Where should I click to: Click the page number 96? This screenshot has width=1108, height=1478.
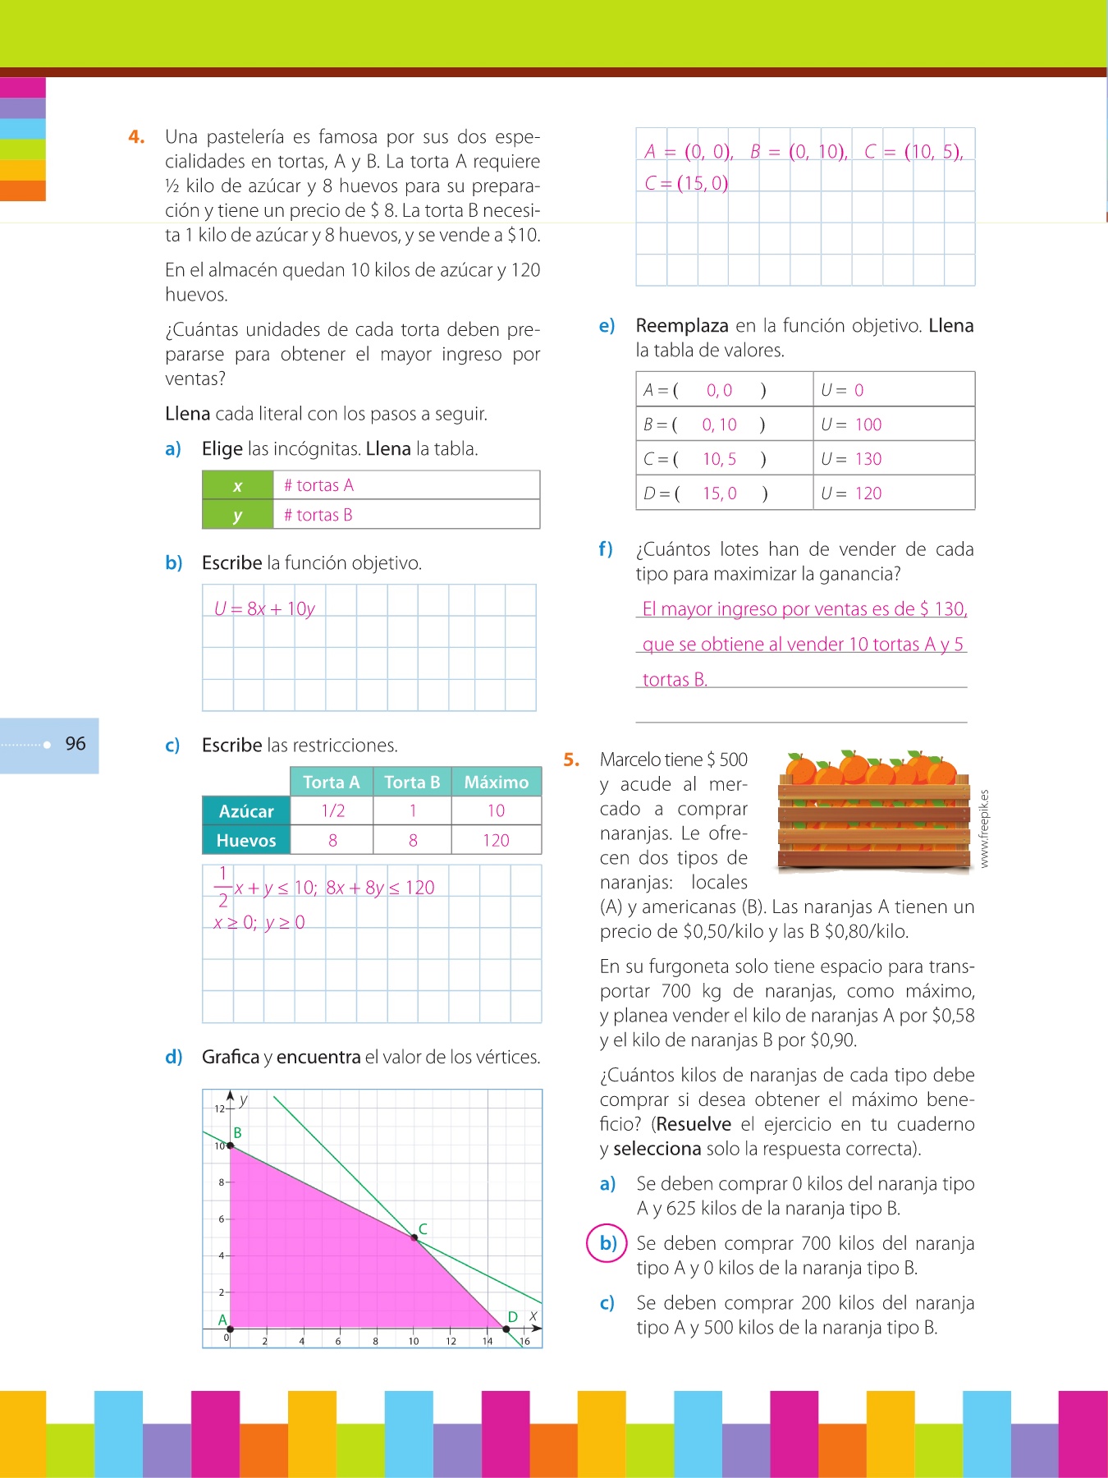[76, 744]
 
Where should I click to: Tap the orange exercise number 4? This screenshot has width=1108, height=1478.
[136, 137]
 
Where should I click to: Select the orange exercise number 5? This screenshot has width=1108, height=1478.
[571, 760]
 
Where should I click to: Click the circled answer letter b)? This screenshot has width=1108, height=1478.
[607, 1243]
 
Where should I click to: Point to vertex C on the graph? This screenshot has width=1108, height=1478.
[414, 1237]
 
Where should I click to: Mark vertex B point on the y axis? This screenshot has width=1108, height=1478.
[231, 1145]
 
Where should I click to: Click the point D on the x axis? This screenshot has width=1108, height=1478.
[506, 1329]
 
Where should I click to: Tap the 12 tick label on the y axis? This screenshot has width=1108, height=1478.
[219, 1108]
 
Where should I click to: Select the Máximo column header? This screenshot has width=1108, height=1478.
[496, 782]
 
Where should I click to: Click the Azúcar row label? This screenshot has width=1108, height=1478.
[246, 811]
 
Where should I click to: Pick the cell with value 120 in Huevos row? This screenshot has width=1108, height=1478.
[496, 840]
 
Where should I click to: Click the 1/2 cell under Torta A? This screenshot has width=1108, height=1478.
[332, 811]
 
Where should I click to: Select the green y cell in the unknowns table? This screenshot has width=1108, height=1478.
[237, 516]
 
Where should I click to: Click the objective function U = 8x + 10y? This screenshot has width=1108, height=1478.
[264, 608]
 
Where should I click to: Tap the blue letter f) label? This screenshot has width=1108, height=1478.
[606, 549]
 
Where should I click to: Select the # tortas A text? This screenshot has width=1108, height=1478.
[318, 485]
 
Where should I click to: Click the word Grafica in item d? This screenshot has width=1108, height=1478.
[231, 1057]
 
